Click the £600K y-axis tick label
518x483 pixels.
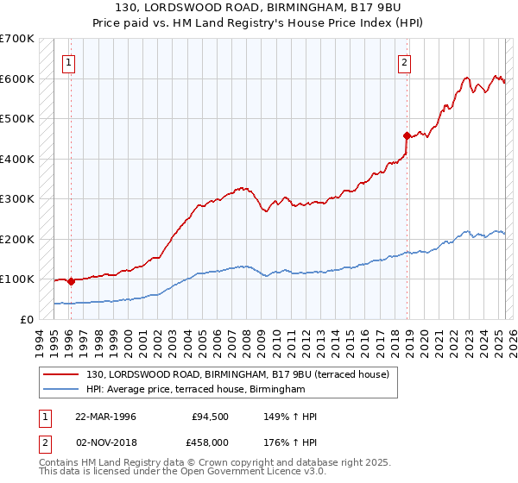tap(17, 78)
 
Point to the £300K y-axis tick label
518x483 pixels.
tap(17, 198)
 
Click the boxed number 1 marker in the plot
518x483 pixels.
tap(68, 61)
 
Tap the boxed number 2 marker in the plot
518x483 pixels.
tap(403, 61)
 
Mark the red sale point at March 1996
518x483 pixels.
tap(71, 281)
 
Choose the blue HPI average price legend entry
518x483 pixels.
tap(195, 390)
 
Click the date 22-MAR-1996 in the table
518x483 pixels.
tap(105, 417)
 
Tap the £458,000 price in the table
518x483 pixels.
tap(211, 441)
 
